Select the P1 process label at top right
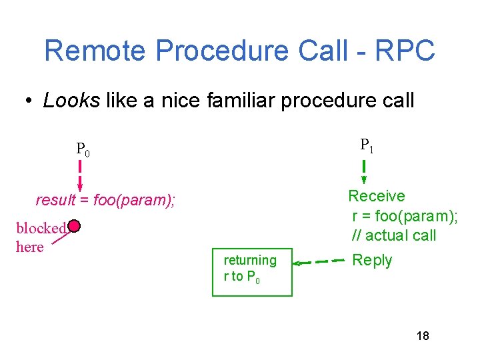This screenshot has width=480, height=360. tap(367, 145)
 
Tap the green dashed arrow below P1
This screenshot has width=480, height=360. tap(365, 171)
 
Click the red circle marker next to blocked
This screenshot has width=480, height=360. tap(74, 227)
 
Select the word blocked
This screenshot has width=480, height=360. tap(41, 228)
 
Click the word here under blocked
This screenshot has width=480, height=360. tap(29, 247)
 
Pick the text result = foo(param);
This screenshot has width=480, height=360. tap(105, 200)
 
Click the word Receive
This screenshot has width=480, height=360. tap(377, 196)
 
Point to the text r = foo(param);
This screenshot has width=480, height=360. tap(405, 216)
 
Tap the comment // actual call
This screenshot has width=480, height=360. tap(394, 235)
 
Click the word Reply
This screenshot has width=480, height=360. tap(372, 261)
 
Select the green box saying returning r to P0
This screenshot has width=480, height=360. tap(253, 271)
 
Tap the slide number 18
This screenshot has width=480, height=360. tap(423, 336)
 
